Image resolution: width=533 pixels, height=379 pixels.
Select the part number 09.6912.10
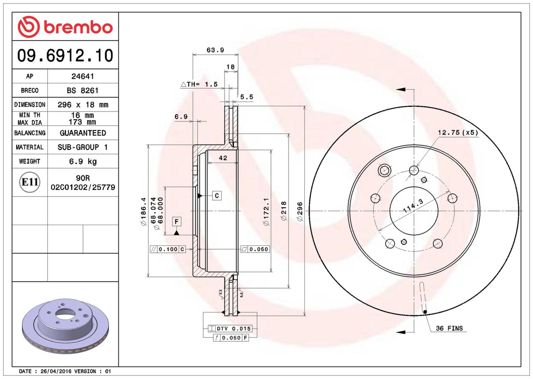pos(65,55)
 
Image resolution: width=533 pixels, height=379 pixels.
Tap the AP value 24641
pos(82,76)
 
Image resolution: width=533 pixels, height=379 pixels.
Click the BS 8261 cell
pos(82,91)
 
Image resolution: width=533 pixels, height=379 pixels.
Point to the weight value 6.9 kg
pos(83,161)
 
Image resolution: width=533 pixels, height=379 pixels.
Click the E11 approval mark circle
pos(30,182)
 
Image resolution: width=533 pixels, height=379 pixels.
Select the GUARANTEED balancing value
pos(83,133)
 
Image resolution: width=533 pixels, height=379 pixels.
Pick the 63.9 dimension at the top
pos(215,50)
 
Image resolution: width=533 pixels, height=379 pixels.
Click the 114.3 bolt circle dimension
pos(413,206)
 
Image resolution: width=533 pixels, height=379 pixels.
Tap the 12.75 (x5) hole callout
pos(458,132)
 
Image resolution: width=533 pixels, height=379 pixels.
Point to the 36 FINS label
pos(449,328)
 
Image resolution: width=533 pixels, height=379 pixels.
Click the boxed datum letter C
pos(217,196)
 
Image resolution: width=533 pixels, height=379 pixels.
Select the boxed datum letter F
pos(177,222)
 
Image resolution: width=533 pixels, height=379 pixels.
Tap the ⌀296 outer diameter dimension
pos(300,211)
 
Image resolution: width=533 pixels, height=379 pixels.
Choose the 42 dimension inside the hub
pos(223,158)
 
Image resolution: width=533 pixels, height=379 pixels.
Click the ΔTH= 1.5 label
pos(199,84)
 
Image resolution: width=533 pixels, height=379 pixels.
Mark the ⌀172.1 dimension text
pos(266,211)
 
